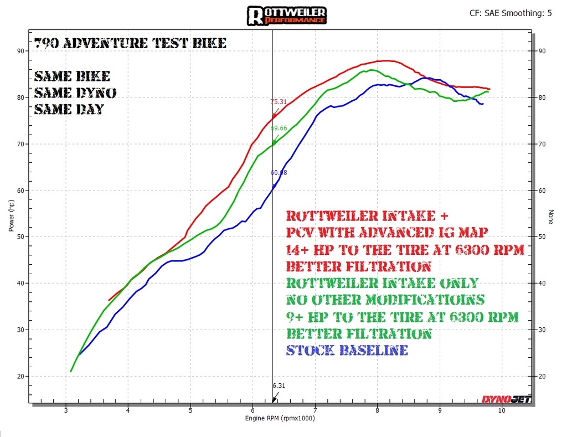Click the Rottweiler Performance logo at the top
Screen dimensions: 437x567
click(x=287, y=15)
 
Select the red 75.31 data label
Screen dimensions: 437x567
click(x=279, y=102)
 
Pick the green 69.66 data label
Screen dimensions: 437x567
click(x=279, y=128)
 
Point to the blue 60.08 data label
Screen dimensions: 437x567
click(x=279, y=172)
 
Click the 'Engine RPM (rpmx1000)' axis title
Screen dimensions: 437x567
click(x=280, y=418)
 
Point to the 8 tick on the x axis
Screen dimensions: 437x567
click(x=377, y=410)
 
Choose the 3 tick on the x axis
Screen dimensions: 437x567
click(x=66, y=410)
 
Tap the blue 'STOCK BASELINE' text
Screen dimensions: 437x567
click(x=347, y=350)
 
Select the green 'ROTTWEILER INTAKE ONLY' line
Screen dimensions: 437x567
click(x=382, y=283)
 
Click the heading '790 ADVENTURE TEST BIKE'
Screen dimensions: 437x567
click(x=130, y=43)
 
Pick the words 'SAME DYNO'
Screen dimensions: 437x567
click(x=75, y=92)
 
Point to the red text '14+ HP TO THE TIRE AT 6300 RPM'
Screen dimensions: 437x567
click(x=405, y=250)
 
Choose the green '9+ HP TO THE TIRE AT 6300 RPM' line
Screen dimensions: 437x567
click(x=402, y=317)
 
